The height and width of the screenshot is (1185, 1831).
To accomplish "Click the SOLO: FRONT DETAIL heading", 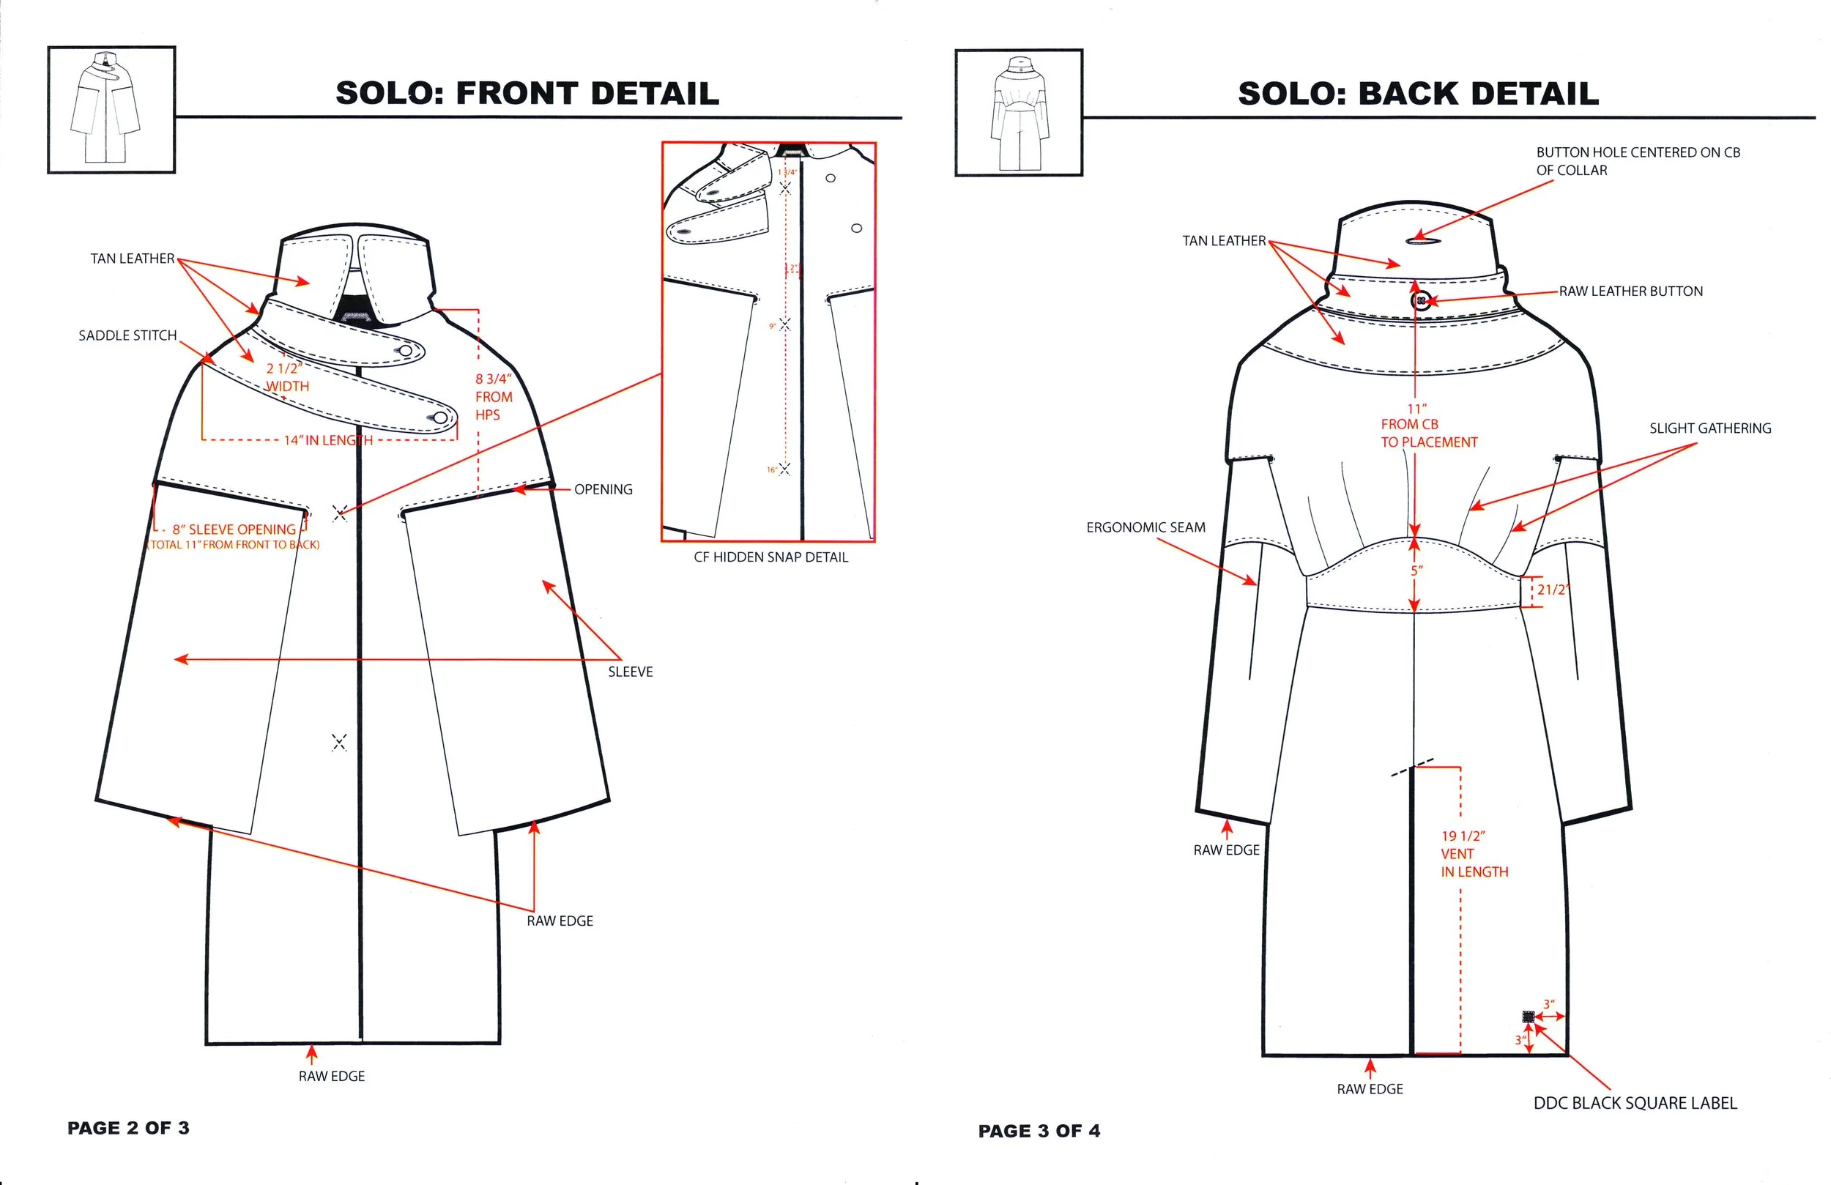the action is click(527, 93).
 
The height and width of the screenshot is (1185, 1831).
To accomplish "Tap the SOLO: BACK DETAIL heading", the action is click(1418, 93).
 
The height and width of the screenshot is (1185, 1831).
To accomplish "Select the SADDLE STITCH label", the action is click(127, 335).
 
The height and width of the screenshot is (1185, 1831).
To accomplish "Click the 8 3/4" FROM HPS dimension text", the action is click(493, 396).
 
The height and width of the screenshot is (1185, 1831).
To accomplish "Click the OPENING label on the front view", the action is click(603, 489).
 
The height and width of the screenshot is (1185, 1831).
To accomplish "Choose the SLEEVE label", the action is click(630, 672).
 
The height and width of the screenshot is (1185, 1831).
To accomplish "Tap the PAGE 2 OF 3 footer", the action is click(127, 1128).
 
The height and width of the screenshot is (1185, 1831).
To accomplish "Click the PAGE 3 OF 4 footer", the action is click(1039, 1130).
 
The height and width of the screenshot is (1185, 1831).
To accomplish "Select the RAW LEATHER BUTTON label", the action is click(1630, 291).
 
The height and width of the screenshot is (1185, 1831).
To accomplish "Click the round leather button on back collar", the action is click(1422, 300).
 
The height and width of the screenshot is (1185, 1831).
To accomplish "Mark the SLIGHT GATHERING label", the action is click(1709, 428).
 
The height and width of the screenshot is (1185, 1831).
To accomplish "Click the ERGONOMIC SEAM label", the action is click(1145, 527).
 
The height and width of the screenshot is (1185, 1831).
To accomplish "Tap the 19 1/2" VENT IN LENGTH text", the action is click(1474, 853).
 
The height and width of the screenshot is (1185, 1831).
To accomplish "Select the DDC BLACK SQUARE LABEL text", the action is click(1635, 1103).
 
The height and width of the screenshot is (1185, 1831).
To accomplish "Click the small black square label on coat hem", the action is click(1528, 1017).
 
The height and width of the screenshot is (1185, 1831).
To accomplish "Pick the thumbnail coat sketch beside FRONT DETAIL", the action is click(111, 109).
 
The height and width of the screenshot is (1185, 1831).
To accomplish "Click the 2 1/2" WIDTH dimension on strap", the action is click(287, 377).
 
